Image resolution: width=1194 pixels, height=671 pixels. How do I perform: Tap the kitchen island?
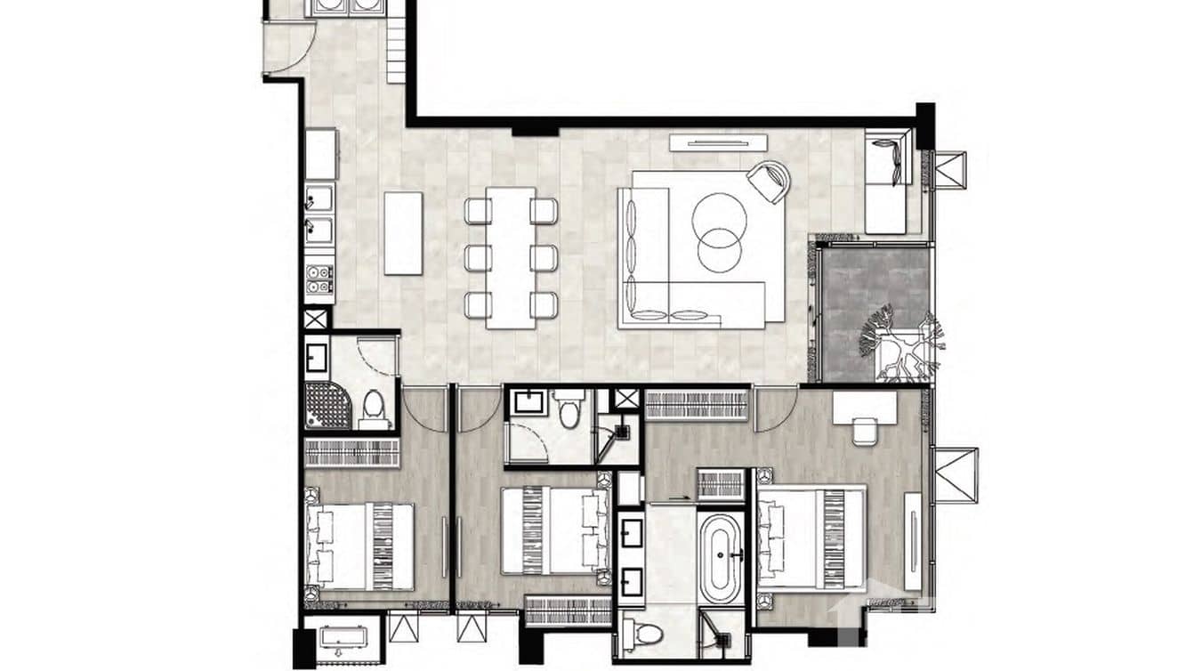pyautogui.click(x=403, y=233)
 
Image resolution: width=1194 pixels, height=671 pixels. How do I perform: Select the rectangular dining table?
pyautogui.click(x=511, y=258)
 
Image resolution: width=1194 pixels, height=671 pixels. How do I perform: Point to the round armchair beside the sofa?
pyautogui.click(x=769, y=181)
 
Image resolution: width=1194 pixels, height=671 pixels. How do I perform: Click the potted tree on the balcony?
pyautogui.click(x=900, y=344)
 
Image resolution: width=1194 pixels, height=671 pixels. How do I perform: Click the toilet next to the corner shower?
pyautogui.click(x=375, y=409)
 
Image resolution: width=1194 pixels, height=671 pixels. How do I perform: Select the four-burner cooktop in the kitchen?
pyautogui.click(x=319, y=280)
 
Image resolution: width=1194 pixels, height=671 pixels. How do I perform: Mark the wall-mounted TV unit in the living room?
pyautogui.click(x=718, y=141)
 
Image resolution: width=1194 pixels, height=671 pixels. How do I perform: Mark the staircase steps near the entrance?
pyautogui.click(x=396, y=52)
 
